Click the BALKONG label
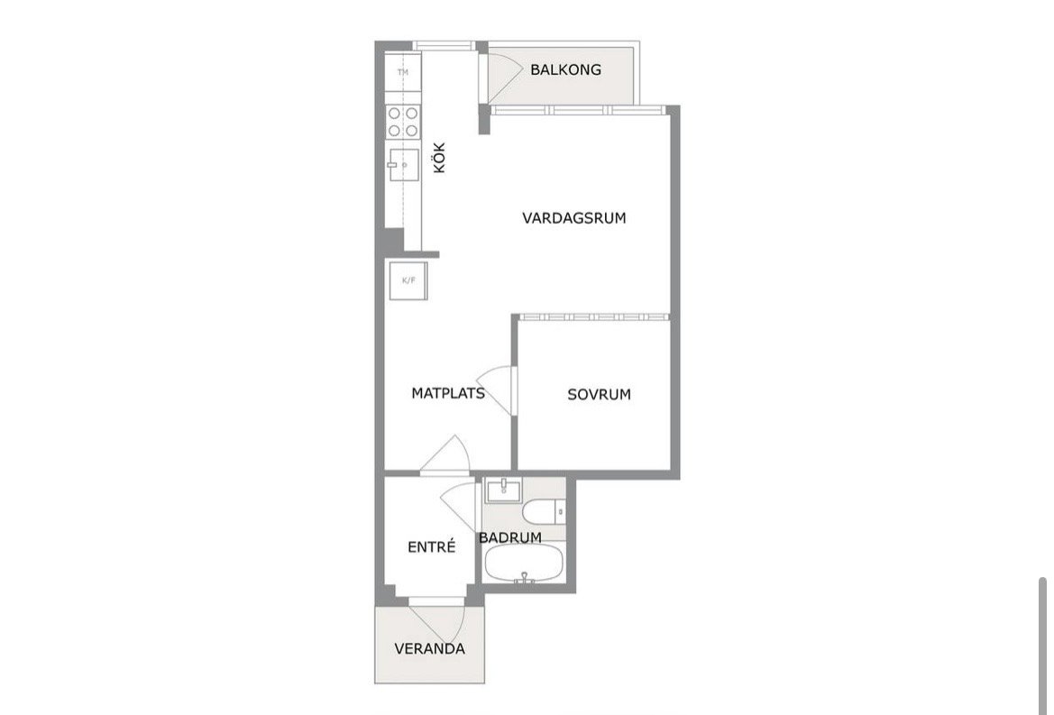pyautogui.click(x=565, y=69)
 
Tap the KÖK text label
pyautogui.click(x=440, y=157)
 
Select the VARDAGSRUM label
pyautogui.click(x=574, y=217)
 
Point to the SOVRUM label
pyautogui.click(x=599, y=394)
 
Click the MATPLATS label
pyautogui.click(x=448, y=393)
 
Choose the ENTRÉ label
pyautogui.click(x=432, y=546)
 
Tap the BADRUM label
pyautogui.click(x=510, y=537)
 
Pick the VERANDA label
pyautogui.click(x=429, y=649)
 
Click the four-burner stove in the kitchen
pyautogui.click(x=403, y=123)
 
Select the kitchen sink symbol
pyautogui.click(x=403, y=165)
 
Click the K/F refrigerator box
pyautogui.click(x=408, y=280)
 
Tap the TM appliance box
pyautogui.click(x=403, y=72)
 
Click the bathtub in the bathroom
pyautogui.click(x=524, y=564)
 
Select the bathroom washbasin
pyautogui.click(x=503, y=490)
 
